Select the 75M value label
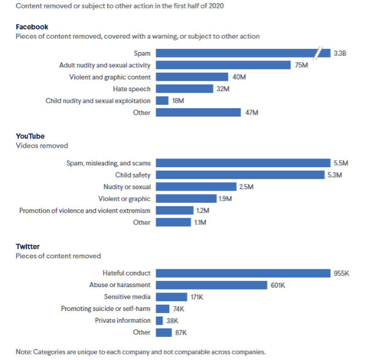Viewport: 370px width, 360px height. click(x=301, y=65)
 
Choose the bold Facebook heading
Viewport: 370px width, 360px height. click(x=32, y=27)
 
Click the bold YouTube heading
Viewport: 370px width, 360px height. click(x=30, y=136)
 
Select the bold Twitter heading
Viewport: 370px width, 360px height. click(x=29, y=246)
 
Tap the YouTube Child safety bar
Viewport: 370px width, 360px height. click(x=240, y=174)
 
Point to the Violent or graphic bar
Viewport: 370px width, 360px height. click(x=186, y=198)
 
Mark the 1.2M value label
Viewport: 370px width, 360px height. click(x=202, y=211)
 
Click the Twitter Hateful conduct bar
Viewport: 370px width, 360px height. click(x=243, y=273)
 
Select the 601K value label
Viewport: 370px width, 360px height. click(x=279, y=285)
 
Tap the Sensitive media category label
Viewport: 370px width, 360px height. click(x=127, y=297)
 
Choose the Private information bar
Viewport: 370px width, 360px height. click(x=159, y=321)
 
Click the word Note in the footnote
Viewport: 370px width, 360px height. click(x=23, y=351)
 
